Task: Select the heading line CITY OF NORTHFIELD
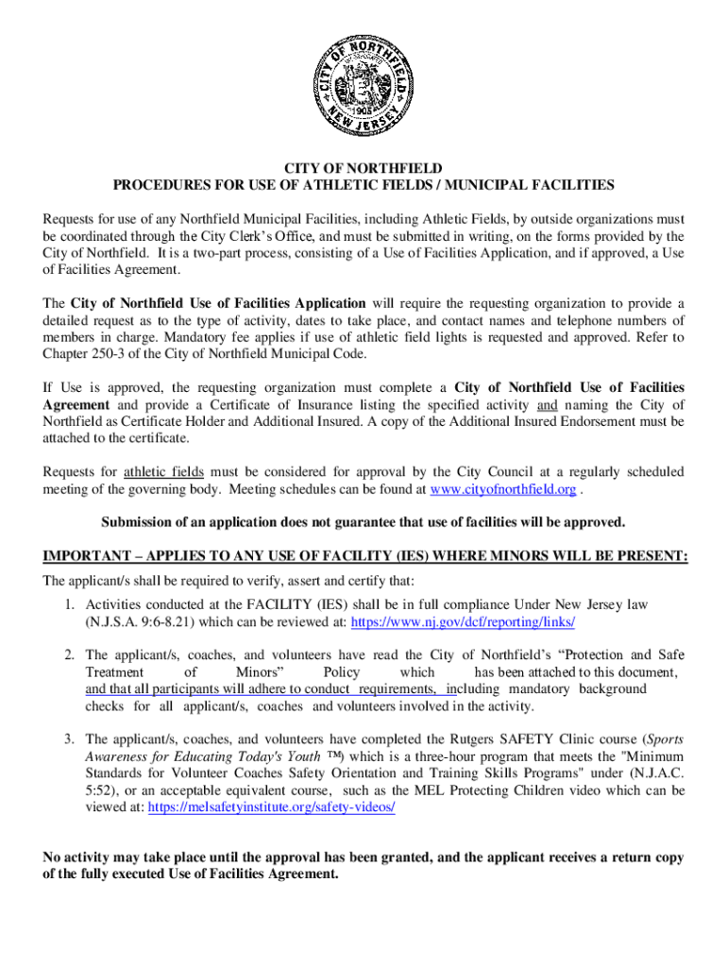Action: pos(363,167)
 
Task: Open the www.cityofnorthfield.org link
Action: pos(502,489)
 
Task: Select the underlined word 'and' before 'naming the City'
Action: pos(547,405)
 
